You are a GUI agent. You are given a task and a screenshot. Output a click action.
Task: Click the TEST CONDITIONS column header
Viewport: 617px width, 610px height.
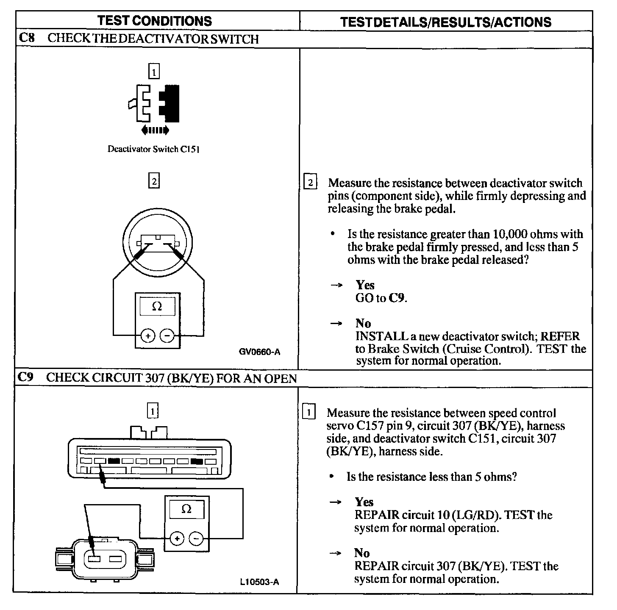(x=154, y=21)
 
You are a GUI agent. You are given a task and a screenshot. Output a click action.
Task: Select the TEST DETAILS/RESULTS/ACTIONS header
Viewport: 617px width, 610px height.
(x=446, y=22)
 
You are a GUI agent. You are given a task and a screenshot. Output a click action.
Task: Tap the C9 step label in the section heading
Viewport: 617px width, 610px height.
(x=26, y=377)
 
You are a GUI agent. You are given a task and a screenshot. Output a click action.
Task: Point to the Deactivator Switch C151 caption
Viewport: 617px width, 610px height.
(x=153, y=149)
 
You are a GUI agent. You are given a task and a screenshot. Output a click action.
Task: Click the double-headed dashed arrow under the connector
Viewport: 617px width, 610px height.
(x=155, y=130)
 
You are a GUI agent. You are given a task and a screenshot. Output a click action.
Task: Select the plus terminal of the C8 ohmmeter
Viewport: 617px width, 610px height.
(x=148, y=336)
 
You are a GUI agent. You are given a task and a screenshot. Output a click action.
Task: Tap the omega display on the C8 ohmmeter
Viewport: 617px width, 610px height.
(x=157, y=306)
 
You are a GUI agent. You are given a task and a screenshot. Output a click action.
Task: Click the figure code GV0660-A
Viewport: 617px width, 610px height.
(x=259, y=352)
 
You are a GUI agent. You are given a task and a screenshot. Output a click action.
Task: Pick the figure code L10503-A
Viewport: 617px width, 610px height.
(x=259, y=582)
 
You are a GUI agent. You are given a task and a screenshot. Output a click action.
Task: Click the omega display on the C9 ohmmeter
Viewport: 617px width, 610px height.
(x=186, y=509)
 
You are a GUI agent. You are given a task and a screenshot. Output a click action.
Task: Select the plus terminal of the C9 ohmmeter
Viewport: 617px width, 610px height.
(x=177, y=539)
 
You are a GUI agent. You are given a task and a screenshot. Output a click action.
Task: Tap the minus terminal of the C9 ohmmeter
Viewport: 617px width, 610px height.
(x=196, y=539)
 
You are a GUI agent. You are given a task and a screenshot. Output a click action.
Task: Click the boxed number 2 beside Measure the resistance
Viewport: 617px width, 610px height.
(x=310, y=183)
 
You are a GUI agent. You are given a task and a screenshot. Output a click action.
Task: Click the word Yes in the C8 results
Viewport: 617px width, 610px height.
(x=365, y=285)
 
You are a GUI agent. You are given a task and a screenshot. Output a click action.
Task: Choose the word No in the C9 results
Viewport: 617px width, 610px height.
(x=362, y=553)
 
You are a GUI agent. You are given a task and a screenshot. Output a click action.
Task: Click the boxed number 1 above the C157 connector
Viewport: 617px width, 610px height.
(x=153, y=410)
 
